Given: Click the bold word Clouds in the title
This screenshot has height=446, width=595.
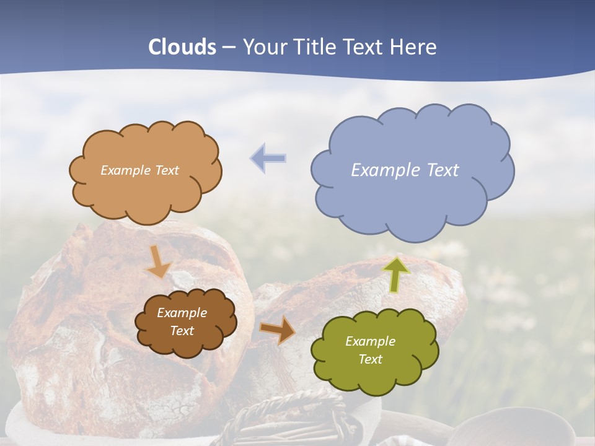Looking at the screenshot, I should tap(182, 47).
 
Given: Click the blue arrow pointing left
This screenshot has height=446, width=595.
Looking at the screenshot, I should tap(268, 159).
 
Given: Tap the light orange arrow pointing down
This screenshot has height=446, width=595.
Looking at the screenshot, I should tap(159, 261).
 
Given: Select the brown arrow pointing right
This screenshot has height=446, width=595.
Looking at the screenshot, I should tap(278, 329).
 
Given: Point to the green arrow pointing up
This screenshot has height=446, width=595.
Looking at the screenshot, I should tap(396, 274).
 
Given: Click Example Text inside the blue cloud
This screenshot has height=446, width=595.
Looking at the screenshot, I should tap(405, 170).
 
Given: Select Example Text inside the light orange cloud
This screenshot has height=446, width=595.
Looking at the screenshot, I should tap(139, 170).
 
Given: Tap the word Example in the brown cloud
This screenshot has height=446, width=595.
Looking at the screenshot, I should tap(182, 313).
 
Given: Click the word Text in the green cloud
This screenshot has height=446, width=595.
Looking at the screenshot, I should tap(370, 359).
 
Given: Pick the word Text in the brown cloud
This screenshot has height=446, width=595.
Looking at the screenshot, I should tap(182, 331).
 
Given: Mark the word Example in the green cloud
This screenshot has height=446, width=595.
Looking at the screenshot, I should tap(370, 341).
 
